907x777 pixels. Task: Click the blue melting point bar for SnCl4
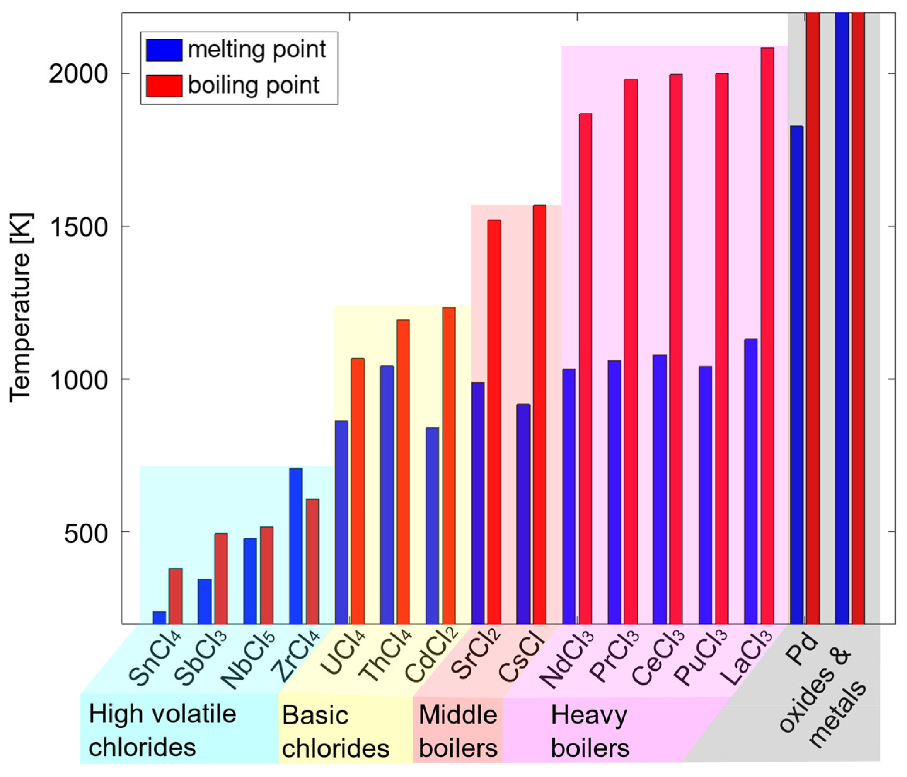click(159, 618)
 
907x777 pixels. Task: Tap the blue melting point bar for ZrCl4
click(295, 546)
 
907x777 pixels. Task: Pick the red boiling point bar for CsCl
click(539, 414)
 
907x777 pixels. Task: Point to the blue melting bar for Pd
click(796, 375)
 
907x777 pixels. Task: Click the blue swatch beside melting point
click(164, 50)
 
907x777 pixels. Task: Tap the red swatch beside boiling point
click(164, 86)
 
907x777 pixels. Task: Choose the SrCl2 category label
click(477, 659)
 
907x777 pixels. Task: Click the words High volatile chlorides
click(162, 731)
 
